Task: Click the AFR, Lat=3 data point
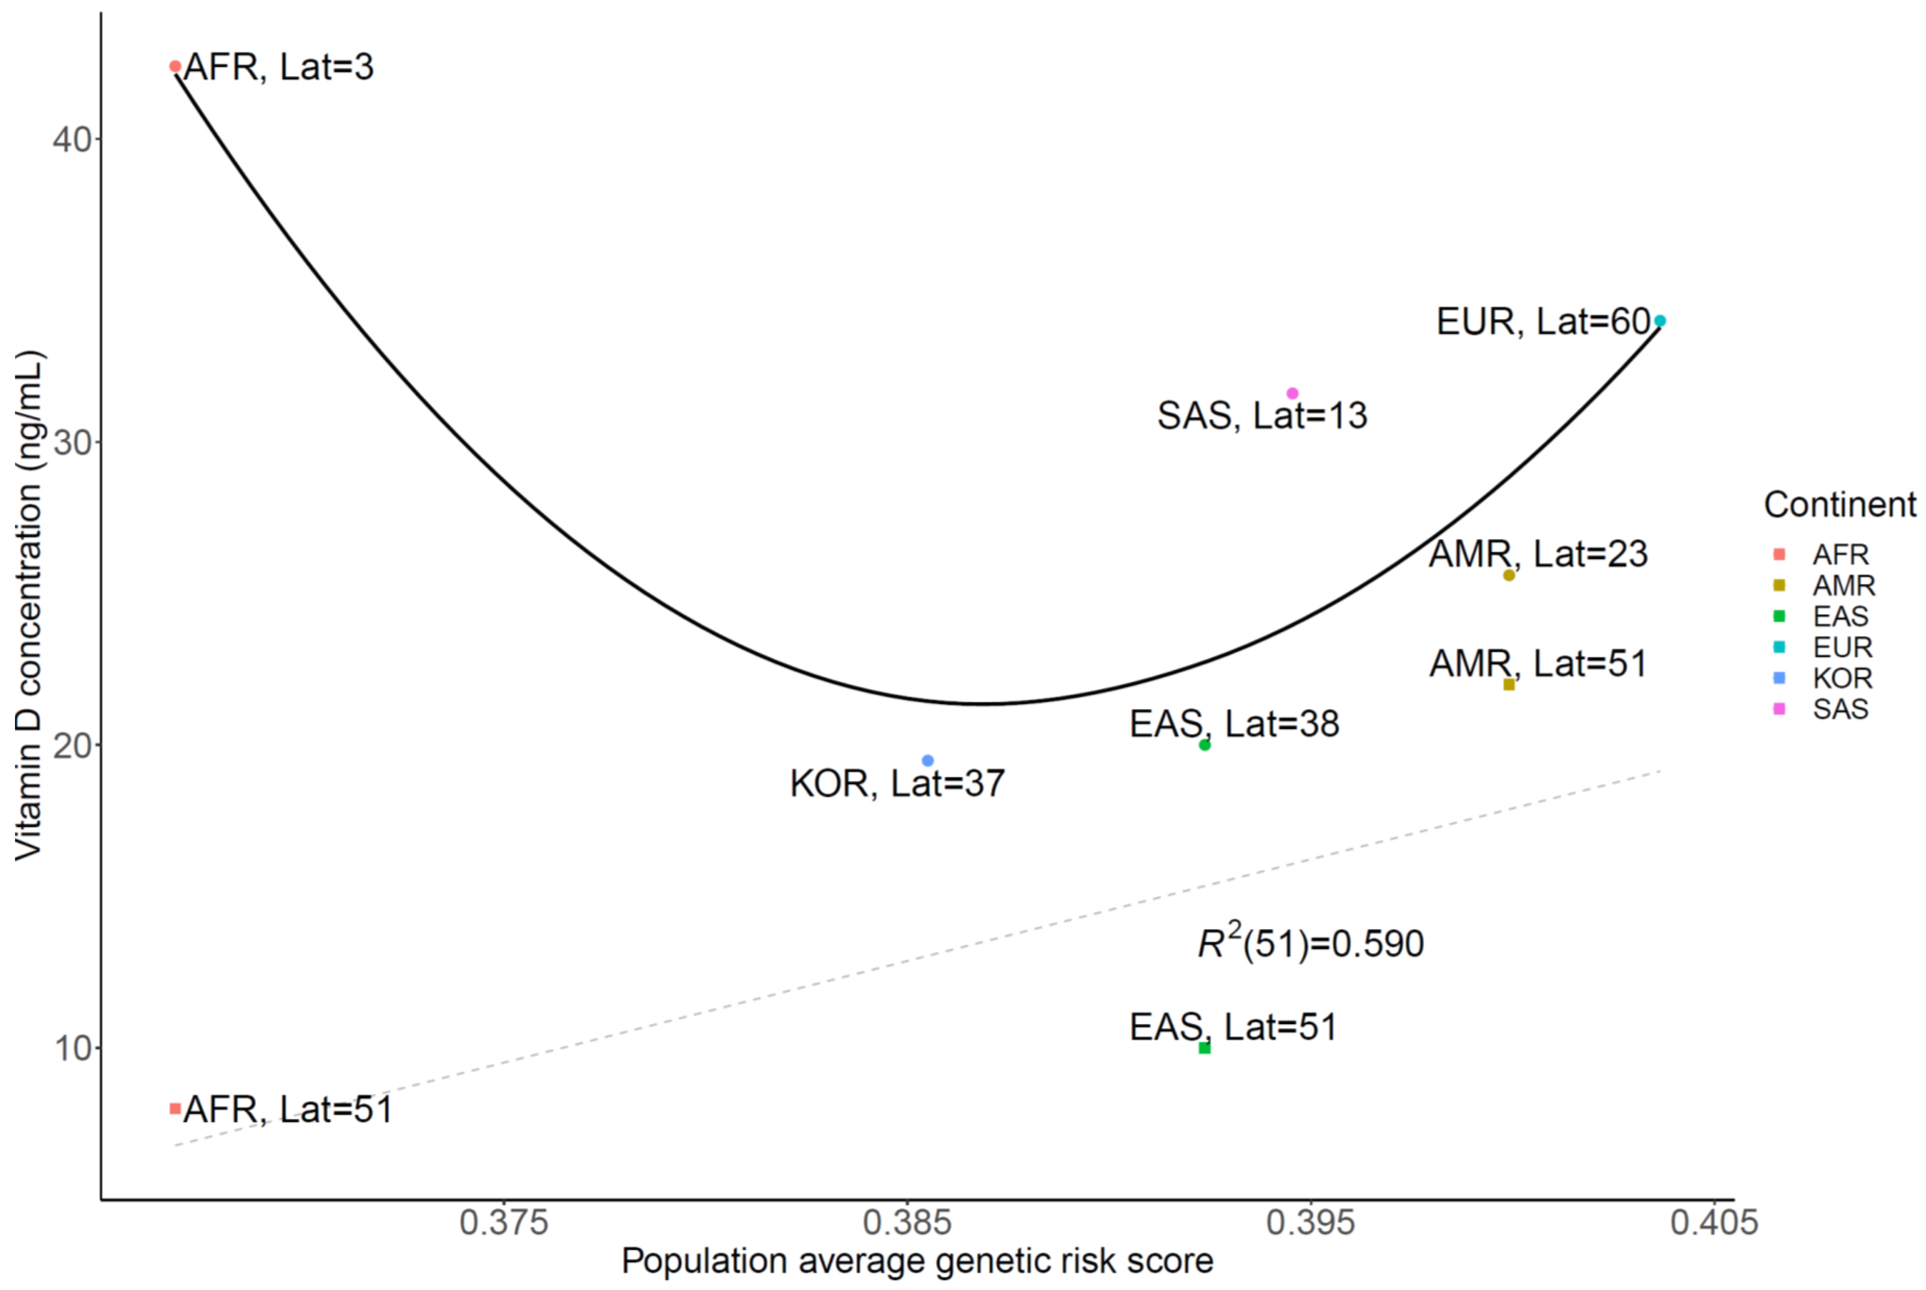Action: tap(175, 66)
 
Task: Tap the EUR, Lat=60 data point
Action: tap(1660, 321)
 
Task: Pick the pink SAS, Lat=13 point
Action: tap(1292, 393)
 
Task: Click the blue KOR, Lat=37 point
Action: tap(928, 760)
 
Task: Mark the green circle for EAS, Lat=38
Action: tap(1205, 744)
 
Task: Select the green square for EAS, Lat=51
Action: tap(1205, 1047)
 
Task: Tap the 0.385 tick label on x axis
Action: tap(906, 1223)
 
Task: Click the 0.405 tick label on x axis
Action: tap(1714, 1223)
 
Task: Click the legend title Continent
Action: tap(1840, 505)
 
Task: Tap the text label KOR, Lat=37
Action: tap(897, 783)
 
